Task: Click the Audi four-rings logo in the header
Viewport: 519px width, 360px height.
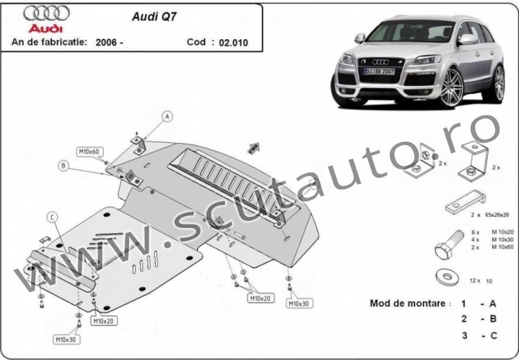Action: (x=47, y=13)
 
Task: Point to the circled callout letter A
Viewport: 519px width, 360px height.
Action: (x=167, y=117)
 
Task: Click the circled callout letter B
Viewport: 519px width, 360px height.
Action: (x=63, y=166)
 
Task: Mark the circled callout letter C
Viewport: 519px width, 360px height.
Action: (x=52, y=217)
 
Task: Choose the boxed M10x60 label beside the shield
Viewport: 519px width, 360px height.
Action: (x=89, y=152)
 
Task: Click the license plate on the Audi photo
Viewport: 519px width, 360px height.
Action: (x=379, y=70)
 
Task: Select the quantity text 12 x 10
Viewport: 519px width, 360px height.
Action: (x=480, y=280)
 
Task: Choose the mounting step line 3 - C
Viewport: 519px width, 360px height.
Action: (x=479, y=335)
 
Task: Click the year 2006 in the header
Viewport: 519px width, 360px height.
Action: (x=107, y=42)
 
